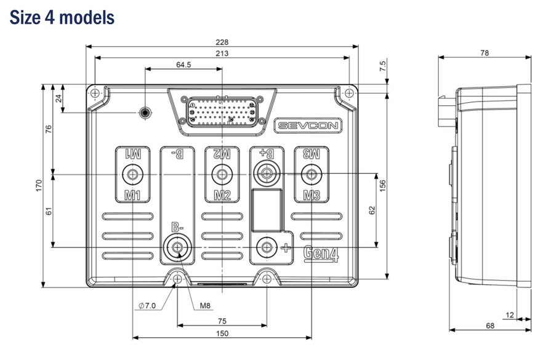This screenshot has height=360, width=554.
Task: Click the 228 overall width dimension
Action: point(222,42)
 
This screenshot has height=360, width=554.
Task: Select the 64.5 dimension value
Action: point(183,65)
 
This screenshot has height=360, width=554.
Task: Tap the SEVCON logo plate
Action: point(308,126)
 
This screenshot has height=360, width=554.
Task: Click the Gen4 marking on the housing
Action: point(321,254)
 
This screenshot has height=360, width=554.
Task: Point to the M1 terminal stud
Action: point(133,174)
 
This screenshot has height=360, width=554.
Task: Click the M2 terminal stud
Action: point(222,174)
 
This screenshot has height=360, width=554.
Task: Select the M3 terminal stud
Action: point(311,174)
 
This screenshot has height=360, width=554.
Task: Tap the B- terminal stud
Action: point(177,247)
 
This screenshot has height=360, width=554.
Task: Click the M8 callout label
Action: point(205,306)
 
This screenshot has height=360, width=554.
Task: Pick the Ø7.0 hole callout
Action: point(147,306)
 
